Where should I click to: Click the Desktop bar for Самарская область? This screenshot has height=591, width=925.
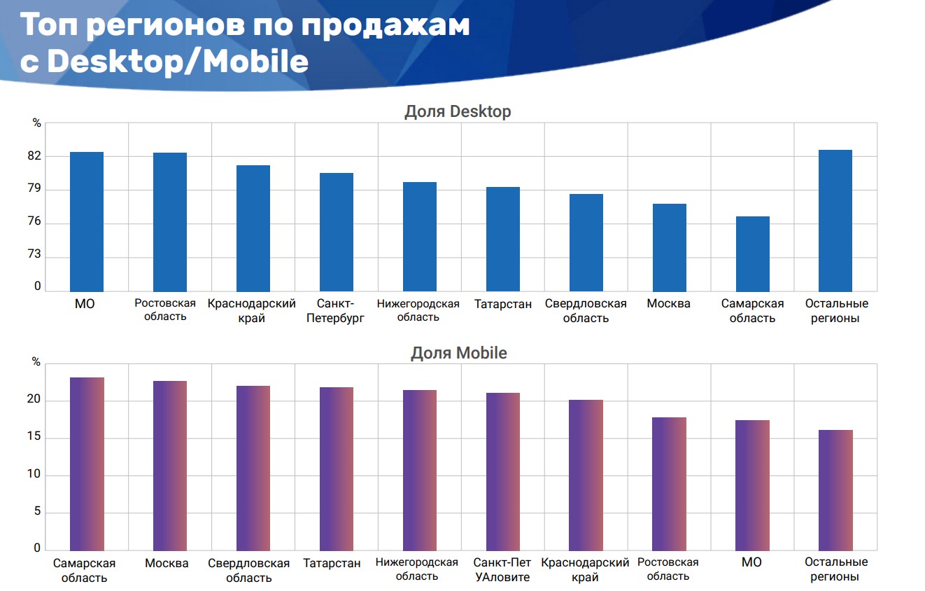pos(752,253)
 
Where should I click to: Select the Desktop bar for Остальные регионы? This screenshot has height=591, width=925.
pos(835,221)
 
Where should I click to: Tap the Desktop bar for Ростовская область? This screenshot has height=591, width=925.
pos(170,222)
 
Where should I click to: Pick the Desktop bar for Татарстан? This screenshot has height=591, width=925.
pos(503,239)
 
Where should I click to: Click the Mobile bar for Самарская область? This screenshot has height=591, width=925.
pos(87,464)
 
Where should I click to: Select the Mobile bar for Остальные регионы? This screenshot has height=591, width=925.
pos(835,489)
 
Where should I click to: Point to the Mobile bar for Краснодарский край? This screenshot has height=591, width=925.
pos(586,475)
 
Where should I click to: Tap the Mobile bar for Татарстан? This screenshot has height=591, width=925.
pos(337,468)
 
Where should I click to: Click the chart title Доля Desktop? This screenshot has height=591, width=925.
pos(458,111)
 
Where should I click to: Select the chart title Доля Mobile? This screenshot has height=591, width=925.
pos(458,353)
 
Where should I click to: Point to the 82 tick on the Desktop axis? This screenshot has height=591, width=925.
pos(34,156)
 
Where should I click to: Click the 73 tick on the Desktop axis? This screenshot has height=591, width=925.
pos(34,257)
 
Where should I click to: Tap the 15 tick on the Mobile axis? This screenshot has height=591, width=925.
pos(34,438)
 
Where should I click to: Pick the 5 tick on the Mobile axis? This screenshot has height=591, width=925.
pos(37,512)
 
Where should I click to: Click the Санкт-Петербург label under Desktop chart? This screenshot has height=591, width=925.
pos(336,311)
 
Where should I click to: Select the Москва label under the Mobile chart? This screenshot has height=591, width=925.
pos(167,563)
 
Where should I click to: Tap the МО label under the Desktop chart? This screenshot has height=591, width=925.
pos(85,304)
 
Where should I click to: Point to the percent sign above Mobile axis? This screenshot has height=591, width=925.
pos(37,362)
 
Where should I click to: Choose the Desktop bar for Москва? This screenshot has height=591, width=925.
pos(669,247)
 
